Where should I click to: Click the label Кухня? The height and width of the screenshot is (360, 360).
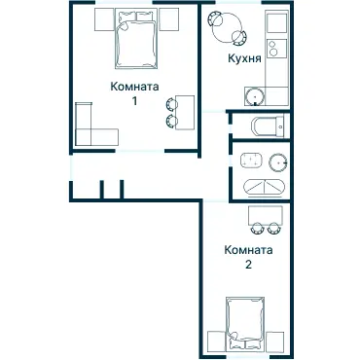244,58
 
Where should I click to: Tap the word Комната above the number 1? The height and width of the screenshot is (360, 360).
134,87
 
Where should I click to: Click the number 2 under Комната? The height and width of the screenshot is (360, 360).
248,265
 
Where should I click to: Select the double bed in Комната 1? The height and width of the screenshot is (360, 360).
136,39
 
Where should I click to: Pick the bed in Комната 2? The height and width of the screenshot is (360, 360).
245,323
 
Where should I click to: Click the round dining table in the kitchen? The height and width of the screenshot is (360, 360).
227,28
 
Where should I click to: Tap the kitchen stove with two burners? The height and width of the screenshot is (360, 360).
276,49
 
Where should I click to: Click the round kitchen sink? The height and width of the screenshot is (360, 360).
255,96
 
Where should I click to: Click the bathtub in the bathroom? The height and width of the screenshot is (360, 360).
265,188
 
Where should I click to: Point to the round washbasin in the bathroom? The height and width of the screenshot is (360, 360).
278,161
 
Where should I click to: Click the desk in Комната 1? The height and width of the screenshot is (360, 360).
185,113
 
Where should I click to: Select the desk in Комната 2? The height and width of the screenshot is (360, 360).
266,216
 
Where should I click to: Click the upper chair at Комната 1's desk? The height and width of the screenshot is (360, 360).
171,104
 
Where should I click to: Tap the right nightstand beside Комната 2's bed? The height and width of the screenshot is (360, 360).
275,341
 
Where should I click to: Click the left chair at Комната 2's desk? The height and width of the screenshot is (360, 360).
257,228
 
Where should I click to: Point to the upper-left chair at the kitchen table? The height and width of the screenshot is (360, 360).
215,18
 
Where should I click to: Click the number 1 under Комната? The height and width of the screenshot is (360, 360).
134,101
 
